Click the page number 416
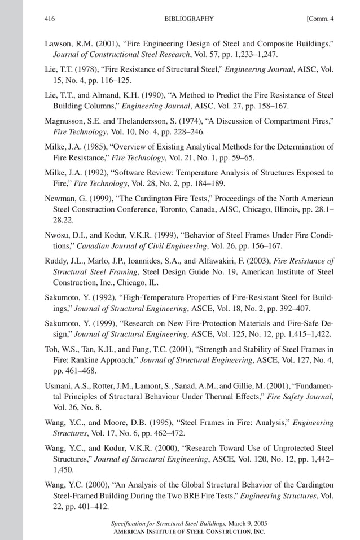click(x=49, y=19)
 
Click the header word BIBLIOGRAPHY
click(x=189, y=19)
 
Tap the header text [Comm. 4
click(x=320, y=19)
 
